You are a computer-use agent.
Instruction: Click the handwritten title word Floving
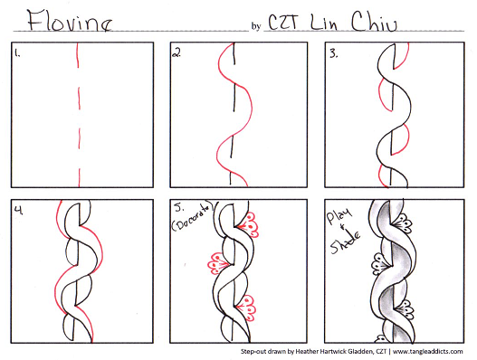pyautogui.click(x=70, y=21)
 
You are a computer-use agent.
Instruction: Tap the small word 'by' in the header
pyautogui.click(x=256, y=26)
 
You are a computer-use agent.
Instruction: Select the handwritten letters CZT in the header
pyautogui.click(x=283, y=22)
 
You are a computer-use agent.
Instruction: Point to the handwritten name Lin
pyautogui.click(x=324, y=22)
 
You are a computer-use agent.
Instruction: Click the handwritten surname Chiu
pyautogui.click(x=374, y=22)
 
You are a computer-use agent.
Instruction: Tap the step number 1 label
pyautogui.click(x=17, y=54)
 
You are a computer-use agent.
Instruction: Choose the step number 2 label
pyautogui.click(x=176, y=53)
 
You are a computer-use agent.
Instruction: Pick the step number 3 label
pyautogui.click(x=334, y=54)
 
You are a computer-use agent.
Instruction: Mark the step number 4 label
pyautogui.click(x=19, y=210)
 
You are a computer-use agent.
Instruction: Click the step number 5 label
pyautogui.click(x=179, y=208)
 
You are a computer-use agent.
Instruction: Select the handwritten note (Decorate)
pyautogui.click(x=192, y=218)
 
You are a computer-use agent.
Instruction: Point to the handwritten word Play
pyautogui.click(x=339, y=216)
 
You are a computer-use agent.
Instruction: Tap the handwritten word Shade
pyautogui.click(x=346, y=242)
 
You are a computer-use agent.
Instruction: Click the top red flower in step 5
pyautogui.click(x=249, y=225)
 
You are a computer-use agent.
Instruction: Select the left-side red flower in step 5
pyautogui.click(x=218, y=263)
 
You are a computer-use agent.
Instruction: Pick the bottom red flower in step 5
pyautogui.click(x=247, y=308)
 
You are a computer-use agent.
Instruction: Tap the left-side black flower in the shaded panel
pyautogui.click(x=380, y=264)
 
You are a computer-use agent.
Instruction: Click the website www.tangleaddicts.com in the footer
pyautogui.click(x=428, y=352)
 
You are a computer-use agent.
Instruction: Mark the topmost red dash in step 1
pyautogui.click(x=78, y=55)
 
